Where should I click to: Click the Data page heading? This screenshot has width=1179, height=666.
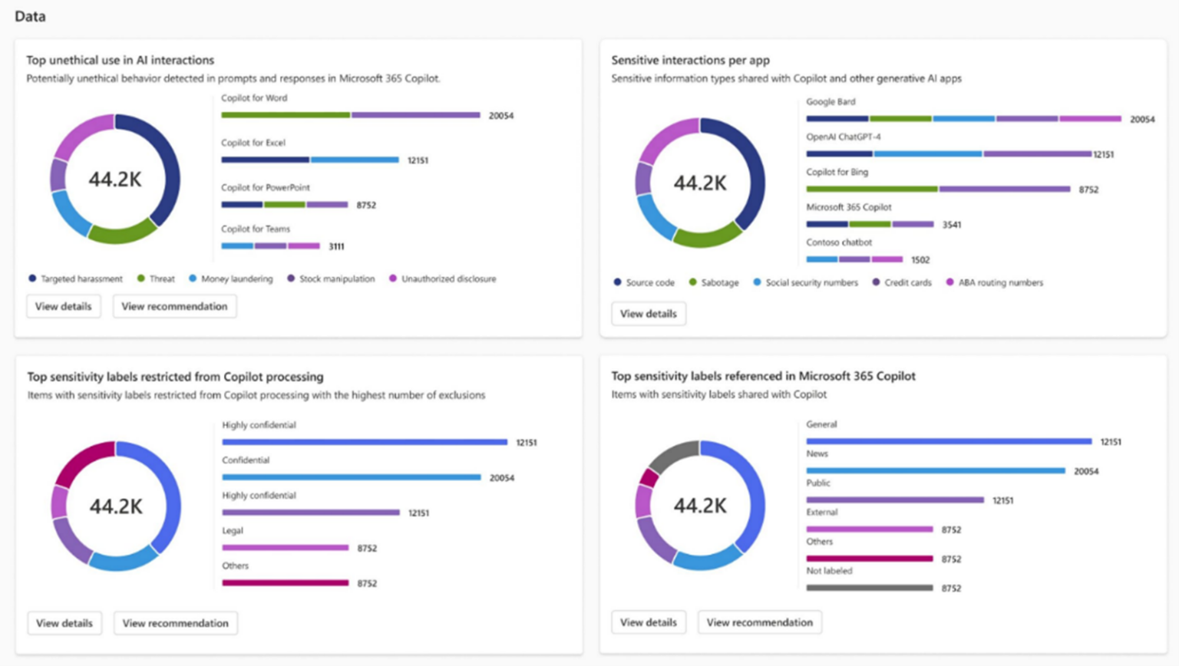[30, 16]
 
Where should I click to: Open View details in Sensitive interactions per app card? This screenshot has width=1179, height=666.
[648, 314]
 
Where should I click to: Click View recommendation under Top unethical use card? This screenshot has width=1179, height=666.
[174, 306]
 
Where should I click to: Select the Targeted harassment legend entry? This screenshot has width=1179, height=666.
[75, 279]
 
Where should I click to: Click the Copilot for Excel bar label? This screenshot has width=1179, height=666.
[253, 143]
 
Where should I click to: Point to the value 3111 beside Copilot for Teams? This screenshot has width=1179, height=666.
[336, 246]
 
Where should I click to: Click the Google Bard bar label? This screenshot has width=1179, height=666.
[831, 101]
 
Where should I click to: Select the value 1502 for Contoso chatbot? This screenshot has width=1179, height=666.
[920, 260]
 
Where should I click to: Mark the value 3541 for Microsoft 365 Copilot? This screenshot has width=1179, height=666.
[951, 225]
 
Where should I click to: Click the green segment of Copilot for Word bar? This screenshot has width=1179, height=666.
[286, 115]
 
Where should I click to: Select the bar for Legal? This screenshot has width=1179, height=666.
[286, 548]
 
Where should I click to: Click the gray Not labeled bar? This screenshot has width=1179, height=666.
[869, 588]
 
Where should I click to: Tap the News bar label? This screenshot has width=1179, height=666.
[817, 453]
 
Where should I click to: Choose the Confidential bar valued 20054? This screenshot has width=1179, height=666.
[352, 477]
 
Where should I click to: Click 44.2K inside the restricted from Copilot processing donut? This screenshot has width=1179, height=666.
[116, 506]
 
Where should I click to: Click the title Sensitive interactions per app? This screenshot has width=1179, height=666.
[690, 60]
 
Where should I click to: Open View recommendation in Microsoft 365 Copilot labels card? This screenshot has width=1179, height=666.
[759, 622]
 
